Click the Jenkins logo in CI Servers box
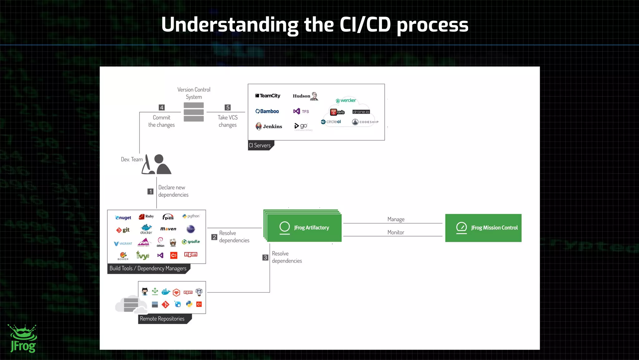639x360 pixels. pos(269,126)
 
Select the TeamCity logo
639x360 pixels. pos(268,96)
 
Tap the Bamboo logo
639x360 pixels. pos(267,111)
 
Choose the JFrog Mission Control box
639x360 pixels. pos(483,228)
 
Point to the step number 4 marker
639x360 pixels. pos(162,107)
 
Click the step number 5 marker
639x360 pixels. pos(228,107)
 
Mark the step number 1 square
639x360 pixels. pos(150,191)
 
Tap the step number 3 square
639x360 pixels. pos(265,257)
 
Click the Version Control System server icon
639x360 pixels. pos(194,112)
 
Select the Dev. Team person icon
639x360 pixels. pos(157,164)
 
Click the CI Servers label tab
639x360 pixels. pos(260,145)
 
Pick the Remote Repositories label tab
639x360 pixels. pos(162,319)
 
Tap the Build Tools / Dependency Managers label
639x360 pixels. pos(148,269)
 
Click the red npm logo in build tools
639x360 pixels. pos(191,254)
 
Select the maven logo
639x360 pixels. pos(168,229)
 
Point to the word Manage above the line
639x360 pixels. pos(396,219)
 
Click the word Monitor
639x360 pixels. pos(396,232)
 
